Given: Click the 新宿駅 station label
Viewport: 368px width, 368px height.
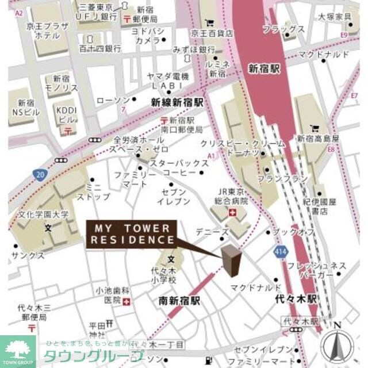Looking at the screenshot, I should point(263,68).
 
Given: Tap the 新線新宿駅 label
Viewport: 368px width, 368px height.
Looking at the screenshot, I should point(177,102).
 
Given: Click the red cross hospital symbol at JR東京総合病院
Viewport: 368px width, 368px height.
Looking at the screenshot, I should point(232,213).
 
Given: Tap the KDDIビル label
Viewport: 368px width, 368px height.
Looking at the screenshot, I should point(66,113).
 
